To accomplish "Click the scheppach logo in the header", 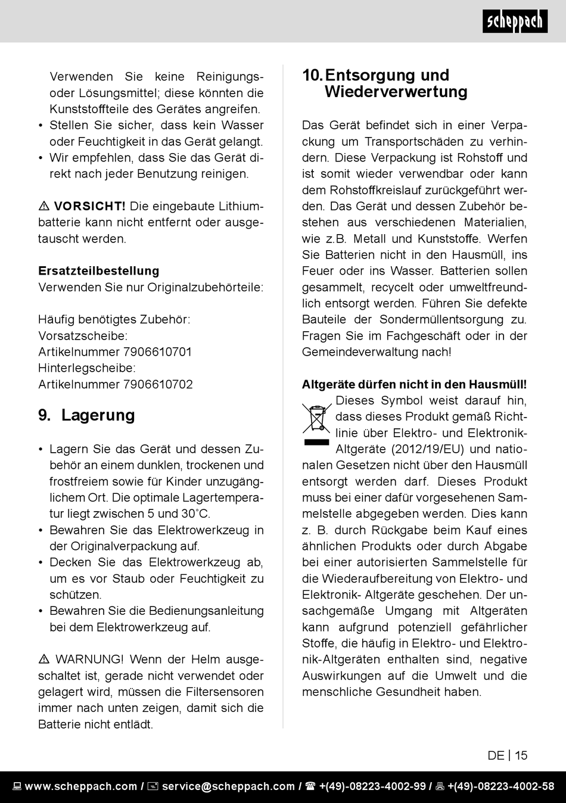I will pyautogui.click(x=515, y=22).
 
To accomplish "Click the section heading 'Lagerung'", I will pyautogui.click(x=98, y=415).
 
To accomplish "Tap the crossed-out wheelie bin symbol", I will pyautogui.click(x=316, y=419).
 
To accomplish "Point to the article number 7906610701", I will pyautogui.click(x=157, y=352).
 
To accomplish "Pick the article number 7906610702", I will pyautogui.click(x=158, y=384).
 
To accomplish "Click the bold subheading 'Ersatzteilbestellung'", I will pyautogui.click(x=99, y=271).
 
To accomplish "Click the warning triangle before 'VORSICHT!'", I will pyautogui.click(x=44, y=207).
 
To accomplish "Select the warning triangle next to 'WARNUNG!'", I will pyautogui.click(x=44, y=659).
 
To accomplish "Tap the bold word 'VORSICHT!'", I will pyautogui.click(x=90, y=207).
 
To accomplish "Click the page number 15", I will pyautogui.click(x=521, y=755).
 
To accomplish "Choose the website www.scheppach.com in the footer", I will pyautogui.click(x=81, y=786).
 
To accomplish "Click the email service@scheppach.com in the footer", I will pyautogui.click(x=228, y=786).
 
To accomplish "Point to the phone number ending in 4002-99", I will pyautogui.click(x=372, y=786).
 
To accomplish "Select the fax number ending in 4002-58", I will pyautogui.click(x=500, y=786).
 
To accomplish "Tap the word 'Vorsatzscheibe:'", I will pyautogui.click(x=83, y=336).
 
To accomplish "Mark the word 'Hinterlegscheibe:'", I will pyautogui.click(x=87, y=368).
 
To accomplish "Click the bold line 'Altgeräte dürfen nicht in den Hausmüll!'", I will pyautogui.click(x=414, y=385).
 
